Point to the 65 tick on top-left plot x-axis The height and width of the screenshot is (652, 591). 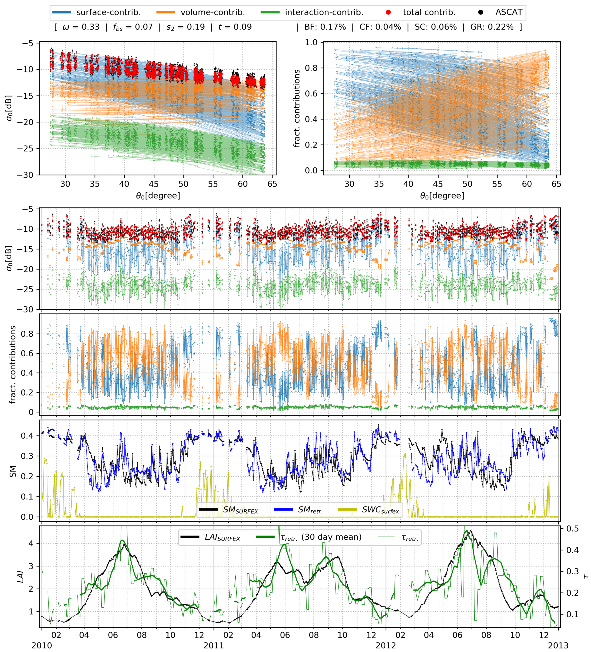pyautogui.click(x=272, y=184)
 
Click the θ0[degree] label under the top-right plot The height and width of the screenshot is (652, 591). pyautogui.click(x=442, y=196)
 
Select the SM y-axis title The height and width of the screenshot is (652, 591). pyautogui.click(x=13, y=471)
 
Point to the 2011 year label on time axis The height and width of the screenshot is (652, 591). pyautogui.click(x=214, y=645)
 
